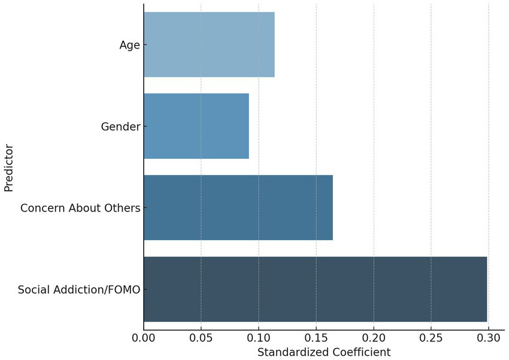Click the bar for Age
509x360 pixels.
pos(209,45)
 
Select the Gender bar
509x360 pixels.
pos(196,126)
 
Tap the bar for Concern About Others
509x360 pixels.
pos(238,208)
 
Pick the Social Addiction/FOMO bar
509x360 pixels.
pos(315,289)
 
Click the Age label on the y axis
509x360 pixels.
pos(129,46)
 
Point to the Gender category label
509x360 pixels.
pos(120,127)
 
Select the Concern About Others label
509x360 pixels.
pos(80,208)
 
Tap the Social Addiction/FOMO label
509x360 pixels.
pos(79,290)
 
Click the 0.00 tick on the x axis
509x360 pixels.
pos(144,338)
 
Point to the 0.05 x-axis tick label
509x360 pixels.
pos(201,338)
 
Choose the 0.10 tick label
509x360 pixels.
pos(259,338)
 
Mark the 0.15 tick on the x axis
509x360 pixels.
pos(316,338)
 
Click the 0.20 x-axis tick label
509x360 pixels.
pos(374,338)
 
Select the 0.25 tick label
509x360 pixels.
pos(431,338)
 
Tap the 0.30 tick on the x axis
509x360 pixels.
pos(489,338)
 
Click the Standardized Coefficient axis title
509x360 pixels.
pos(323,352)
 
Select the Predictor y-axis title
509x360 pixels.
pos(9,167)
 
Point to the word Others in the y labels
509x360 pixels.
pos(123,208)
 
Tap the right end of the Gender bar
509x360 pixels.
pos(248,126)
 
